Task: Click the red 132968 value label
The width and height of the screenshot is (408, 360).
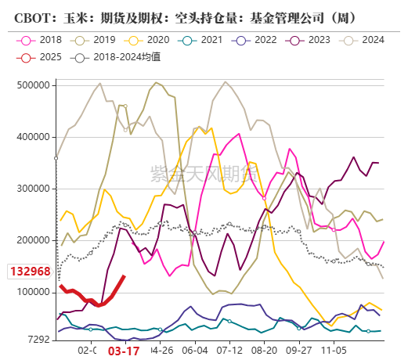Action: click(30, 272)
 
